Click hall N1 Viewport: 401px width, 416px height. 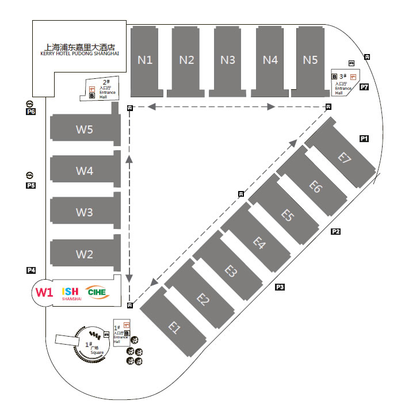[x=144, y=59]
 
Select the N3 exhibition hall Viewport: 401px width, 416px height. [x=228, y=59]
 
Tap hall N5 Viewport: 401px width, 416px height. [x=310, y=59]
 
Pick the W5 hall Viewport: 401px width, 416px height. [x=85, y=129]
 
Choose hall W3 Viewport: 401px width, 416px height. [x=85, y=212]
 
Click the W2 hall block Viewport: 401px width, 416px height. [x=85, y=254]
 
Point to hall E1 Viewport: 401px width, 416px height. [x=175, y=328]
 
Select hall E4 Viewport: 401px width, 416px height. [x=259, y=243]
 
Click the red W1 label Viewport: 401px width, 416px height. [x=44, y=292]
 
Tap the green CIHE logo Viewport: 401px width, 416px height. [x=96, y=292]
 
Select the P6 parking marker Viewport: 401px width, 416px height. [x=31, y=112]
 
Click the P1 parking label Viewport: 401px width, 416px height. [x=364, y=139]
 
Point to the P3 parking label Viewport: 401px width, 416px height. [x=280, y=287]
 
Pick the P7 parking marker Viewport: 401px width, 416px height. [x=364, y=87]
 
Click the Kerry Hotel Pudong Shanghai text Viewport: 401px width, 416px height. [x=79, y=51]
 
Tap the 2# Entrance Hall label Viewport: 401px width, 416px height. [x=106, y=89]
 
